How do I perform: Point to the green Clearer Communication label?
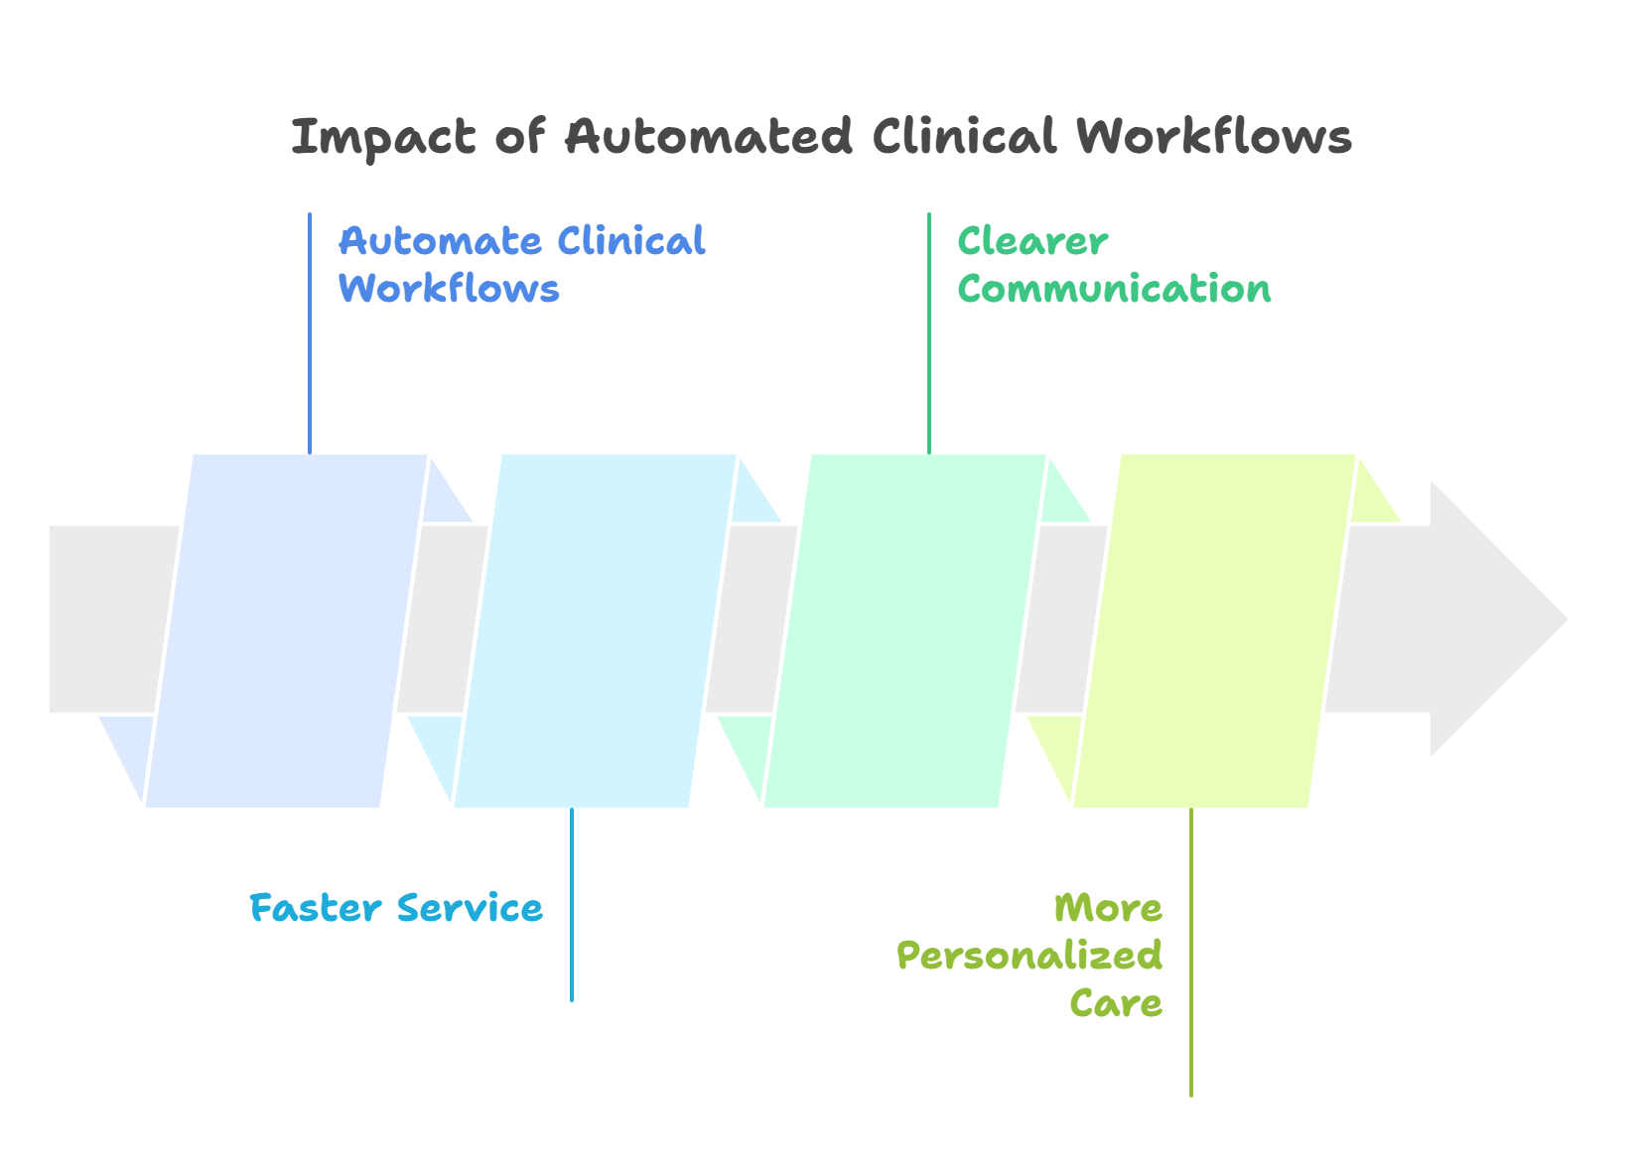pos(1113,265)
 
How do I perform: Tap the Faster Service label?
pos(396,908)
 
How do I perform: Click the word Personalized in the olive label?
pos(1028,956)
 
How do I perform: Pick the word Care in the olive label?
pos(1116,1003)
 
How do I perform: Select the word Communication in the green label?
pos(1113,289)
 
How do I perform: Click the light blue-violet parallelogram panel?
pos(286,630)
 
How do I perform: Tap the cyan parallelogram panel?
pos(595,630)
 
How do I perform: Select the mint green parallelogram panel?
pos(904,630)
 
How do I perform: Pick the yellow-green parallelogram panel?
pos(1214,630)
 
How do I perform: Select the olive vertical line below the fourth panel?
pos(1191,953)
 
